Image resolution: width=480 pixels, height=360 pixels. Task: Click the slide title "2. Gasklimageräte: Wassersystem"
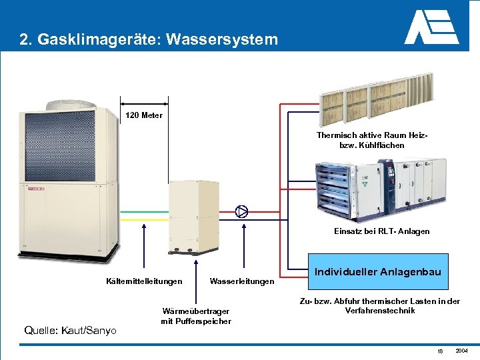click(x=149, y=40)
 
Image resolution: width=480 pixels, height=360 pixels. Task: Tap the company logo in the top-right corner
click(x=431, y=28)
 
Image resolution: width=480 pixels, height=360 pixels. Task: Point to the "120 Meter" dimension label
click(x=144, y=115)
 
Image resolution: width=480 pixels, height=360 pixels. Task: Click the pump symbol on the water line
click(x=242, y=212)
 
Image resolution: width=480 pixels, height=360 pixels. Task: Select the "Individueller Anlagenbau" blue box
click(x=377, y=271)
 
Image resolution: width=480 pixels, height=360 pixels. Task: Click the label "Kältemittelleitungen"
click(x=144, y=281)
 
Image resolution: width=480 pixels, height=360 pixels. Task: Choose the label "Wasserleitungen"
click(x=241, y=281)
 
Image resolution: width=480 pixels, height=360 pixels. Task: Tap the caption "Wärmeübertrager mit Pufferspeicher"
click(x=196, y=316)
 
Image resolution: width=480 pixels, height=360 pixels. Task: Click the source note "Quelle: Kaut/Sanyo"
click(x=70, y=330)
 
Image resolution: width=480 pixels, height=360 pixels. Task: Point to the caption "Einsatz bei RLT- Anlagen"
click(x=382, y=231)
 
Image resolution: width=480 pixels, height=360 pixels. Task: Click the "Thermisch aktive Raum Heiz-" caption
click(x=372, y=135)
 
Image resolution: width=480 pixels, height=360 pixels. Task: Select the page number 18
click(x=440, y=351)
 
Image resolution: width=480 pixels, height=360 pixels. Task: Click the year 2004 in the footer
click(x=462, y=351)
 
